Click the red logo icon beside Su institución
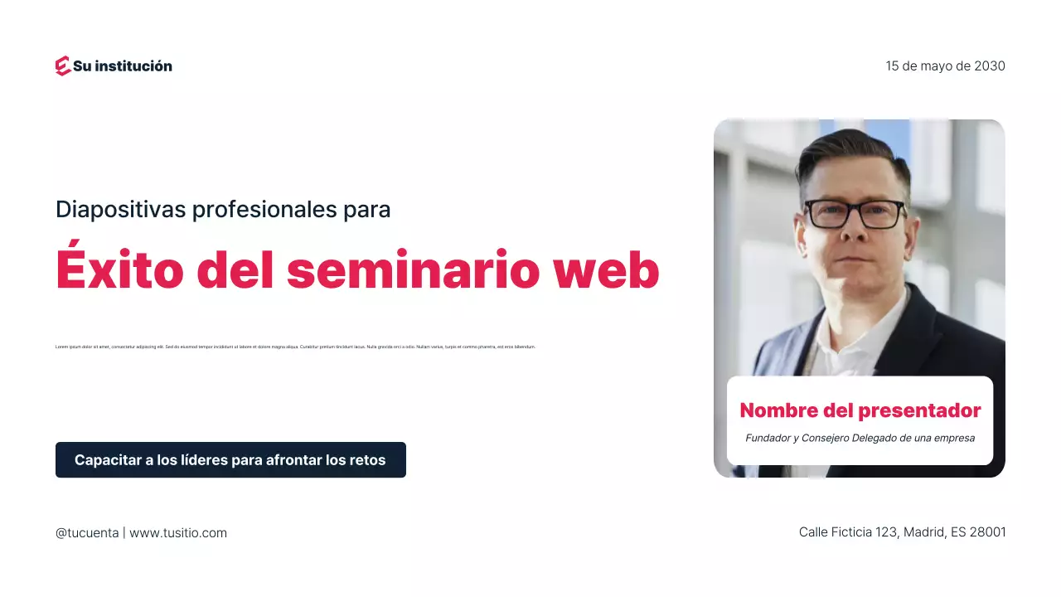(x=63, y=66)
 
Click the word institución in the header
(x=133, y=66)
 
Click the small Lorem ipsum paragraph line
(x=295, y=347)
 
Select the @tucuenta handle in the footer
(x=87, y=533)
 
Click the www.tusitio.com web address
(x=178, y=533)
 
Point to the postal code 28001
(x=987, y=532)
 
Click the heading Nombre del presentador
(x=860, y=410)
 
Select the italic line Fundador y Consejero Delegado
(x=860, y=438)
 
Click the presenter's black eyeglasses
(x=855, y=214)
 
